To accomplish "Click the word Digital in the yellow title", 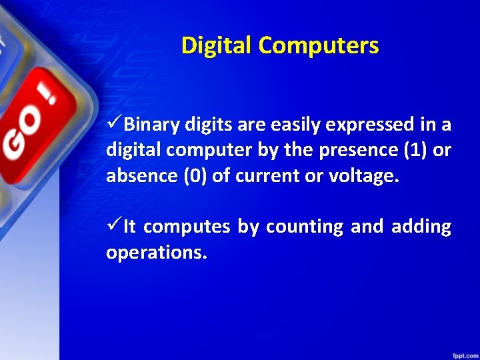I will pos(217,45).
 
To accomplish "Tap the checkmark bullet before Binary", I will pos(113,124).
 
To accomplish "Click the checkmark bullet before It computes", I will pos(113,227).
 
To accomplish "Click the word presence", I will pos(351,151).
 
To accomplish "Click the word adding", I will pos(421,227).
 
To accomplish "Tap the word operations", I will pos(156,253).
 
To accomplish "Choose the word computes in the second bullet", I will pos(186,227).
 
